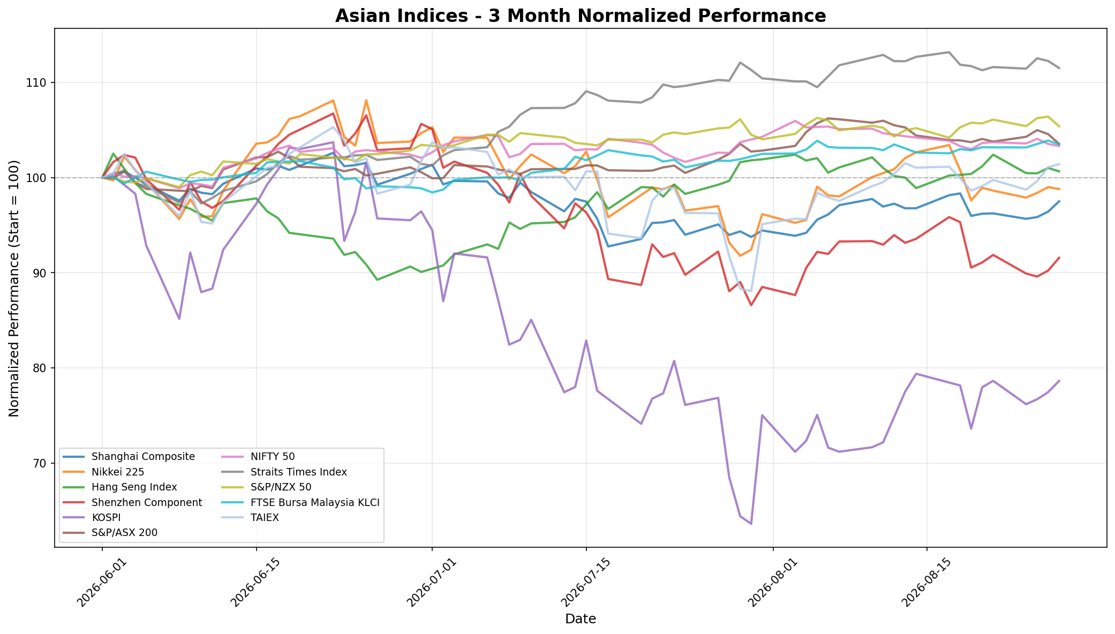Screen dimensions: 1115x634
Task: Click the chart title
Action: coord(581,16)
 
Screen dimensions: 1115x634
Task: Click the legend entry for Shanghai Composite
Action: coord(143,457)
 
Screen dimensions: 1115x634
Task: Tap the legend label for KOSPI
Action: coord(106,517)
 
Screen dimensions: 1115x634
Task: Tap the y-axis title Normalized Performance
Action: coord(14,288)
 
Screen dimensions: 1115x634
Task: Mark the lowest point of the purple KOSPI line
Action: coord(751,524)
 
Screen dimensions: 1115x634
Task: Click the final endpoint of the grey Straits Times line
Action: coord(1059,68)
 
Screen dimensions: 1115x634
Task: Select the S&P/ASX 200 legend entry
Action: coord(124,532)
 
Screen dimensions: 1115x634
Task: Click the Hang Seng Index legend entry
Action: coord(134,487)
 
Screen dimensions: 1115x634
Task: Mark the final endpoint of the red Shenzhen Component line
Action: coord(1059,258)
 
